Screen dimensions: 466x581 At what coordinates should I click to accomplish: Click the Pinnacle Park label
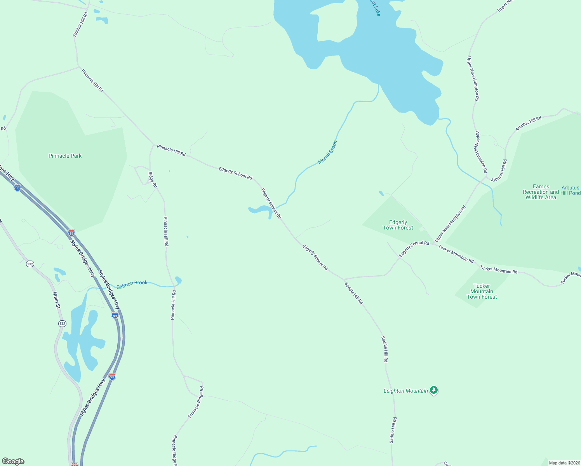coord(65,156)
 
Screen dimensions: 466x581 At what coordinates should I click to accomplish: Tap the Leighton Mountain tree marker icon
coord(434,390)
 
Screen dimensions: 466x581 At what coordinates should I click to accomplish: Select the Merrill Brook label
coord(327,152)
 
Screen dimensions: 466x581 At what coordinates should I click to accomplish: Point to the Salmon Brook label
coord(132,283)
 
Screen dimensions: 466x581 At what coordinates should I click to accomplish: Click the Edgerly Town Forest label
coord(398,225)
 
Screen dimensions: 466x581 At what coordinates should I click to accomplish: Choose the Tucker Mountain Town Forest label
coord(482,291)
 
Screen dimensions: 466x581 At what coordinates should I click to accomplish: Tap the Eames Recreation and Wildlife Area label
coord(541,192)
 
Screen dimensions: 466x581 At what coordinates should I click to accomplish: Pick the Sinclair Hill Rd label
coord(80,24)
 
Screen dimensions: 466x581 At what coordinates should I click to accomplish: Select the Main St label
coord(57,300)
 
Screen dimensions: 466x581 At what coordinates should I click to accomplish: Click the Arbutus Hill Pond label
coord(571,190)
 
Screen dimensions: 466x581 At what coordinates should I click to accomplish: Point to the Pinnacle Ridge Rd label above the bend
coord(196,402)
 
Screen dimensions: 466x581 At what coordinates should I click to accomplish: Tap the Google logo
coord(13,461)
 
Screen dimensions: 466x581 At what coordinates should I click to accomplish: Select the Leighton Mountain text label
coord(405,391)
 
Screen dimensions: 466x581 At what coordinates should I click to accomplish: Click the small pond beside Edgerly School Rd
coord(260,210)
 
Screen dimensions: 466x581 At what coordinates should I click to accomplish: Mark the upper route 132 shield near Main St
coord(30,264)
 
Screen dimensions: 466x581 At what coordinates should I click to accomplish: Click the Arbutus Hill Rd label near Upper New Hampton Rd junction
coord(499,170)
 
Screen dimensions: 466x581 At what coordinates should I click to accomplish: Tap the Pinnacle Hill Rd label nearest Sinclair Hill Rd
coord(92,81)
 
